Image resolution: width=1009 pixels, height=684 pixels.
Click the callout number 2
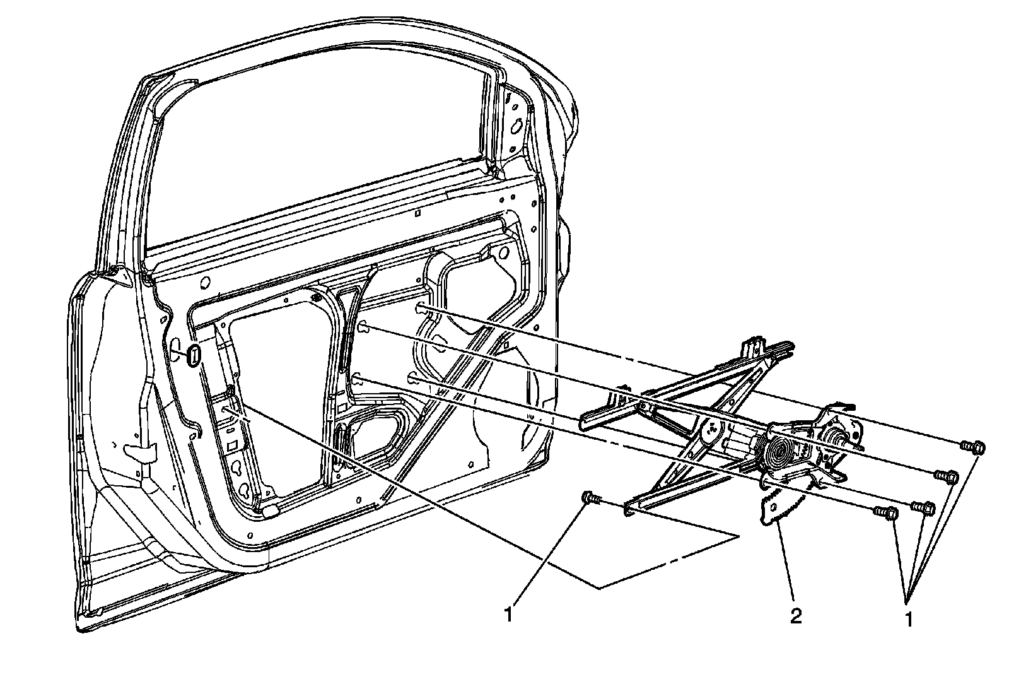(795, 616)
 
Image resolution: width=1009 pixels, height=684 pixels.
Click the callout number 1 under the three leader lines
(909, 619)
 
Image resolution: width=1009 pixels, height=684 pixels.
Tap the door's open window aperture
(315, 158)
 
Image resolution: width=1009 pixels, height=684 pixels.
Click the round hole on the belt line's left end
(206, 282)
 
